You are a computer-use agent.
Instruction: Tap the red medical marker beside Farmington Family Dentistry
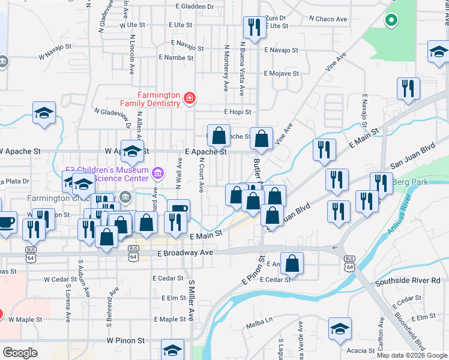coord(190,98)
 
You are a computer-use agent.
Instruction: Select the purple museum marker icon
coord(158,174)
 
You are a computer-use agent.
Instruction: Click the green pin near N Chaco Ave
coord(391,21)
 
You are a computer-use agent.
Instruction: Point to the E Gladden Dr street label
coord(195,6)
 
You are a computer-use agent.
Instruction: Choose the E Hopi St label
coord(238,112)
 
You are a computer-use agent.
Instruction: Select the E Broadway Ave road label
coord(186,253)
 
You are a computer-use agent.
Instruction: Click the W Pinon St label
coord(126,340)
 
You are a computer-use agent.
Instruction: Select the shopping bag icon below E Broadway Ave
coord(292,262)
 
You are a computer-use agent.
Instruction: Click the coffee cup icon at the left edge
coord(6,221)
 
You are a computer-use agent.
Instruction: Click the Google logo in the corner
coord(20,353)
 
